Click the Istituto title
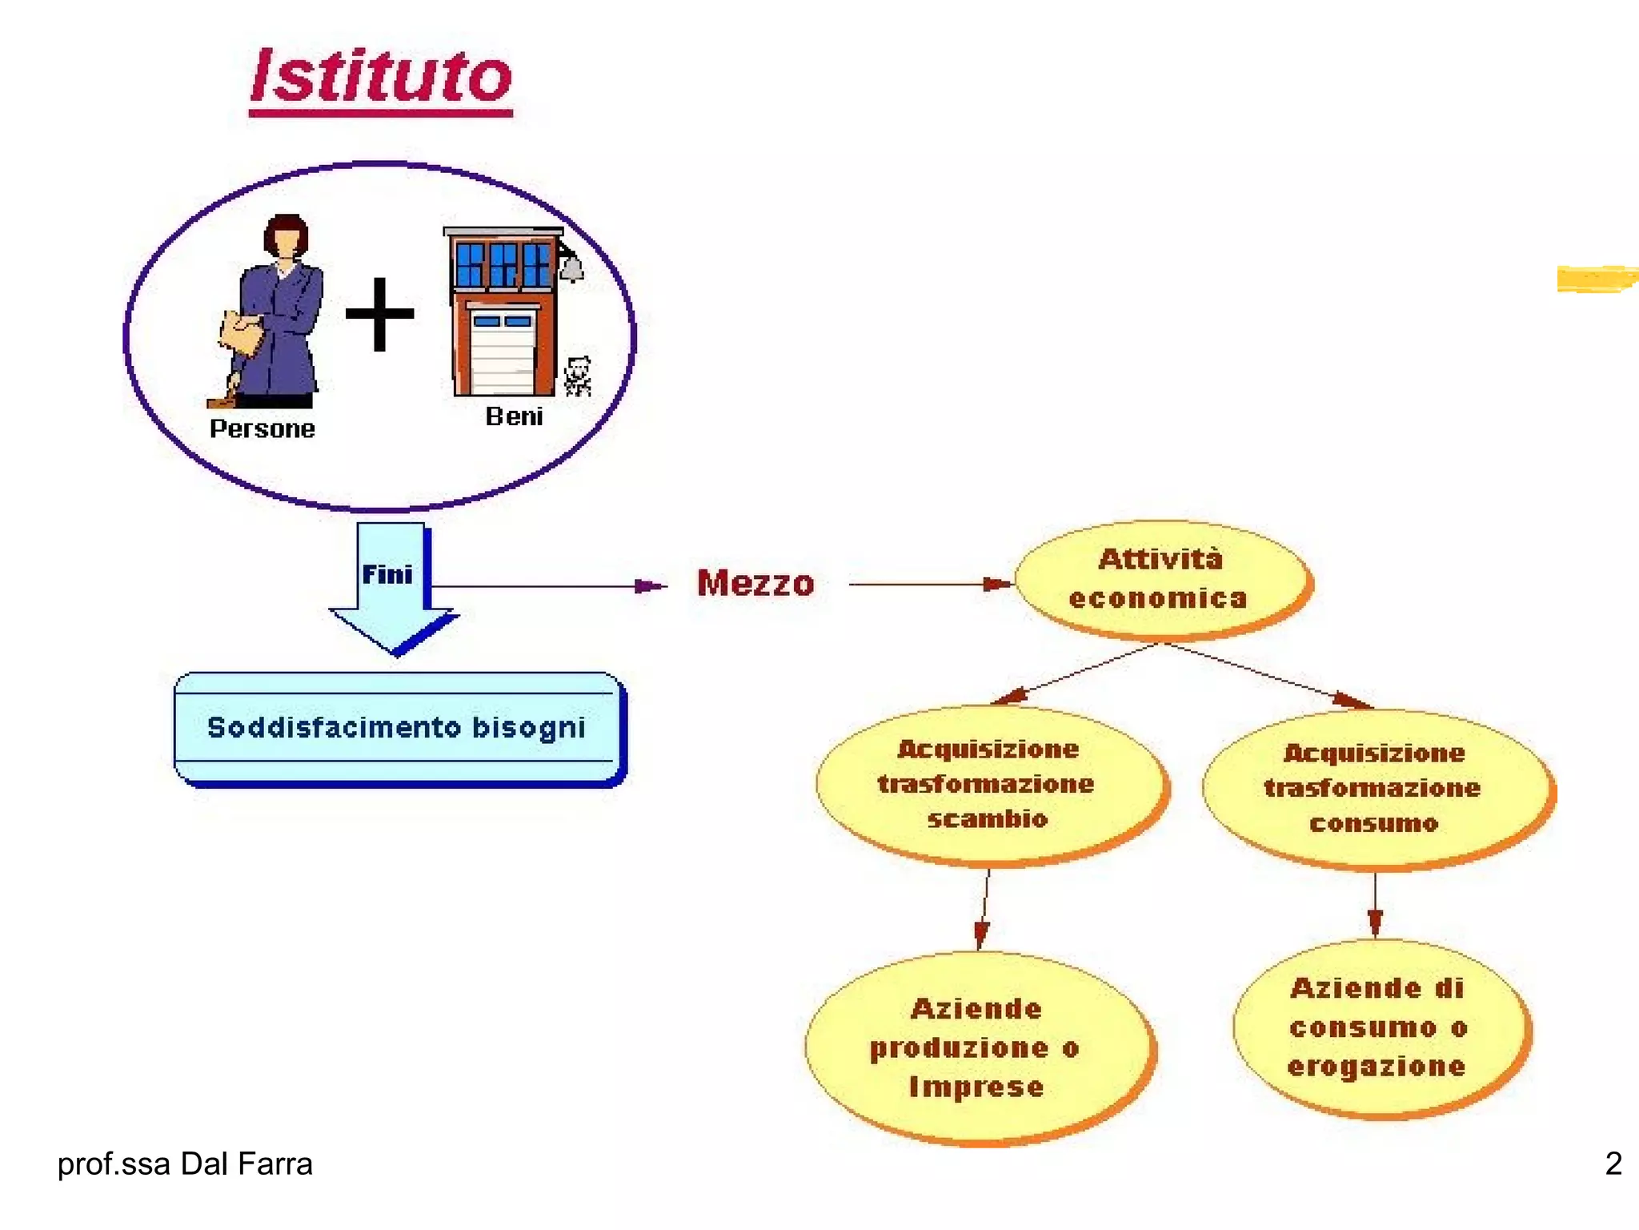tap(381, 78)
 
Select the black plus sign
tap(379, 314)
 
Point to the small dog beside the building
tap(577, 376)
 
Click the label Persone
tap(262, 429)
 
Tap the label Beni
tap(514, 416)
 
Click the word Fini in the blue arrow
tap(387, 574)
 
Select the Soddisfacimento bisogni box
tap(398, 728)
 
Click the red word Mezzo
tap(755, 583)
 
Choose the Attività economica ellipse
tap(1161, 579)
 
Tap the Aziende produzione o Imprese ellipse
tap(977, 1047)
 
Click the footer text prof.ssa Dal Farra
tap(185, 1164)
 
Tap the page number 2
tap(1613, 1164)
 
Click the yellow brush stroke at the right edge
tap(1597, 279)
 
